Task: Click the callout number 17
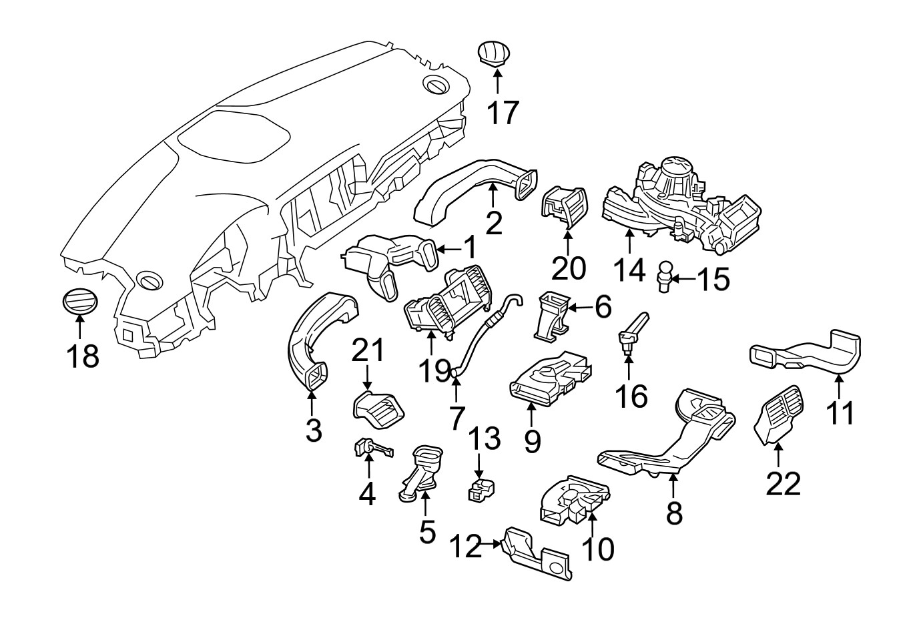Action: (x=501, y=113)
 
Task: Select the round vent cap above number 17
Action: (x=495, y=53)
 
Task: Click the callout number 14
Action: (x=629, y=270)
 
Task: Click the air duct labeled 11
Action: (x=808, y=351)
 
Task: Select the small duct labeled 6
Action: (x=551, y=312)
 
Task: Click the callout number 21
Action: (x=368, y=351)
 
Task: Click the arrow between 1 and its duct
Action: (x=448, y=250)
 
